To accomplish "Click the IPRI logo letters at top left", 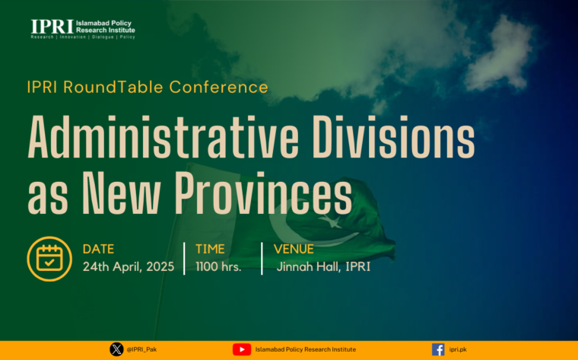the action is click(x=52, y=27).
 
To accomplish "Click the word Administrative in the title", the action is click(x=163, y=137).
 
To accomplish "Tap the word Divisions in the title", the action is click(x=394, y=137).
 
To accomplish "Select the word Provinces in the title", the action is click(x=263, y=193).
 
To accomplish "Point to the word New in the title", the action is click(x=121, y=193).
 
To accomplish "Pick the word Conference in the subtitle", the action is click(x=218, y=88).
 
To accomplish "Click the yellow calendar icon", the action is click(x=49, y=259).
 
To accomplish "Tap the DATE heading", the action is click(x=98, y=249).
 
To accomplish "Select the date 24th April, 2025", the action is click(x=129, y=266).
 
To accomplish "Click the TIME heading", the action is click(x=210, y=249).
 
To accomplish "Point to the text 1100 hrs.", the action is click(x=218, y=266).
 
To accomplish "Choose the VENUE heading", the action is click(x=294, y=249).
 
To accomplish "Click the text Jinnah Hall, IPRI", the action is click(x=323, y=266).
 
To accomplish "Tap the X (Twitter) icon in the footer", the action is click(x=116, y=349).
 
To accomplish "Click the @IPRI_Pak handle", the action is click(x=141, y=349).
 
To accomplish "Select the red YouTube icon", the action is click(x=242, y=349).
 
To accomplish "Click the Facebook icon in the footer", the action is click(x=438, y=349).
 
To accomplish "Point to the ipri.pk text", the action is click(x=458, y=349).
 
